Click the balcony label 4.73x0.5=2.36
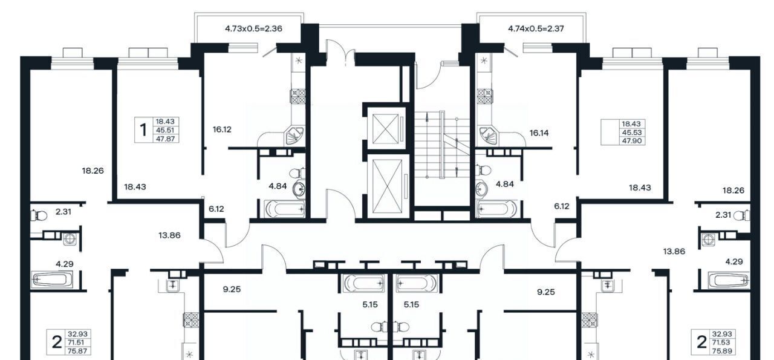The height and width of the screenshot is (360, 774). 253,28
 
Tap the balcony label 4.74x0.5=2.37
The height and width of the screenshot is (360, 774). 536,28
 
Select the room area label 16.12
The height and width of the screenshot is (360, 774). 222,129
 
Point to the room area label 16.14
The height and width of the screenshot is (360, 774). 539,133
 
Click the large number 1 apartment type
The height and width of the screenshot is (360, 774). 143,130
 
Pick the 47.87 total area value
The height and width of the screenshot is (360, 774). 166,139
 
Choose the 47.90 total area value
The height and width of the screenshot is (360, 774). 632,141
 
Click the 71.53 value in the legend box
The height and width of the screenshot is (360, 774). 721,342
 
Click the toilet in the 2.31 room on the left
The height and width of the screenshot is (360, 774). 39,216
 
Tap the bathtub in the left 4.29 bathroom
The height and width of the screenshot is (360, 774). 52,280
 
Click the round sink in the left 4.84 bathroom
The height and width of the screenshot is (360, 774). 299,189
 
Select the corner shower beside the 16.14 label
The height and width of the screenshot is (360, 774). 487,136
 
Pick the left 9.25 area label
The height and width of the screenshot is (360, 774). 232,289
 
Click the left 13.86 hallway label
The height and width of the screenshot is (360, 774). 169,235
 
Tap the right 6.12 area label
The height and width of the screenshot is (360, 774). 562,206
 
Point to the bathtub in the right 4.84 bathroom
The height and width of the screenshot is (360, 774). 496,209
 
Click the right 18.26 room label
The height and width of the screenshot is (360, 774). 733,191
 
